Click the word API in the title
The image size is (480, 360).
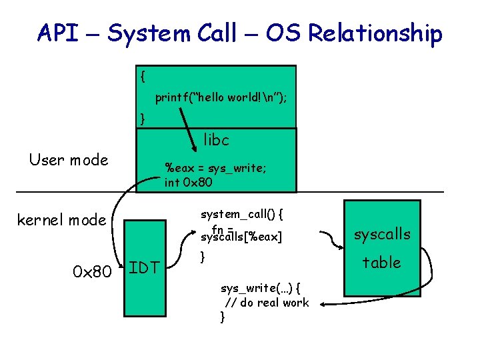pyautogui.click(x=59, y=32)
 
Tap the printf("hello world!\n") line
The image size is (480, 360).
pyautogui.click(x=221, y=97)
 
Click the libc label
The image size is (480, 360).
pyautogui.click(x=216, y=140)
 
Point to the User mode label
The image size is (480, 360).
pyautogui.click(x=69, y=160)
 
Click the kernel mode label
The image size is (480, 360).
pyautogui.click(x=61, y=219)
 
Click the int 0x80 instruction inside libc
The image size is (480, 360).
pyautogui.click(x=189, y=181)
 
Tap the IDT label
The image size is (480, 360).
pyautogui.click(x=143, y=268)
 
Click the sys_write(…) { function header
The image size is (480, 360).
pyautogui.click(x=260, y=288)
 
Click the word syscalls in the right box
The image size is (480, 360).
pyautogui.click(x=382, y=234)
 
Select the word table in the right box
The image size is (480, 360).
pyautogui.click(x=381, y=263)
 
